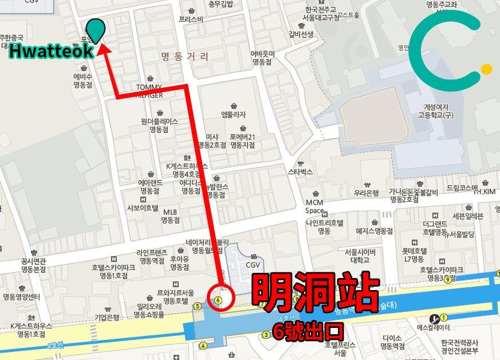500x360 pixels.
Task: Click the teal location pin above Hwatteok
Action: (x=96, y=29)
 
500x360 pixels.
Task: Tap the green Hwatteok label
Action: (x=51, y=51)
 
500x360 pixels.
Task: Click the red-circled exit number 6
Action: (x=218, y=299)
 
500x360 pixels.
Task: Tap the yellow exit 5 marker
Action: (x=198, y=306)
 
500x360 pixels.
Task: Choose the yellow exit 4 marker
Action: (x=203, y=345)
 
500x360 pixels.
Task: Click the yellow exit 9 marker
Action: (x=447, y=279)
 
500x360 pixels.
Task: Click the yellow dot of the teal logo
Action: (x=486, y=69)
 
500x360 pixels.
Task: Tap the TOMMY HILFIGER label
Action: (x=149, y=91)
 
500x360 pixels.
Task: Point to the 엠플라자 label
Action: (x=233, y=115)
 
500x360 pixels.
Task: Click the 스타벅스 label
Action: (x=300, y=171)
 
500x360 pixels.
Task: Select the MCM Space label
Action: (x=314, y=206)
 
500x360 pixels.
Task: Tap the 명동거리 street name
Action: (x=184, y=57)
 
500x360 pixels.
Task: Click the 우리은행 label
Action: (x=367, y=193)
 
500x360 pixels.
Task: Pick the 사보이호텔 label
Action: (x=142, y=208)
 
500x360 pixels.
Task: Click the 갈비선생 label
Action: (x=301, y=34)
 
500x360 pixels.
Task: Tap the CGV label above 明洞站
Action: (x=253, y=265)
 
